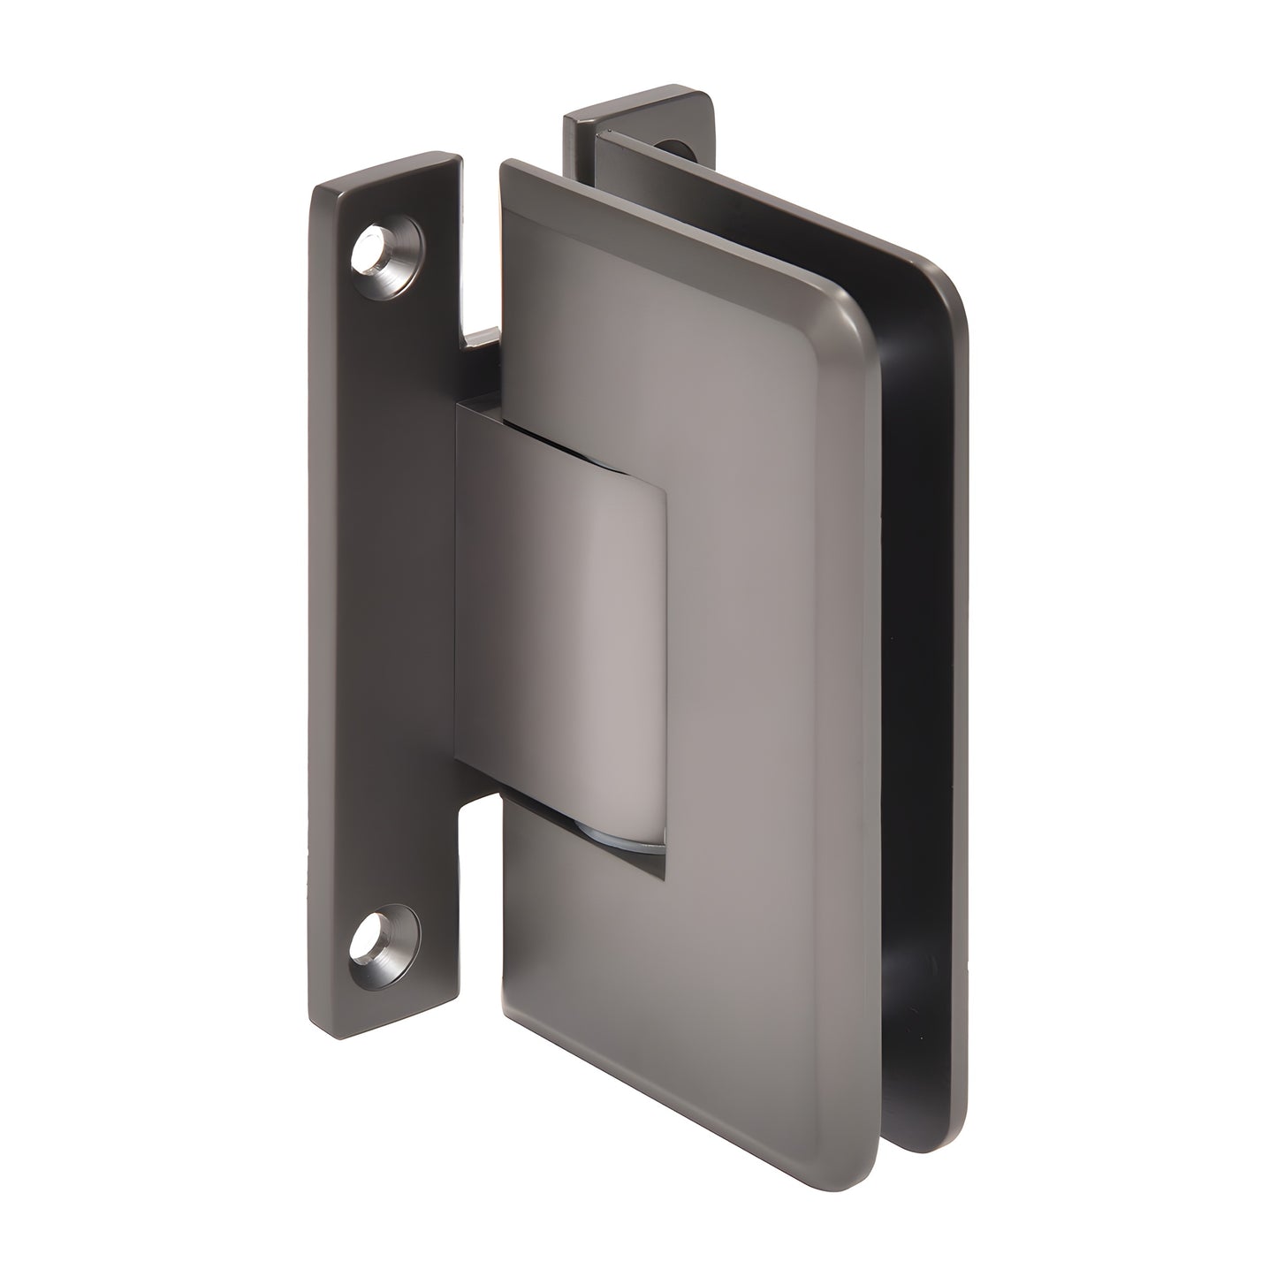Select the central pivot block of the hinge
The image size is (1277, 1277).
(x=566, y=619)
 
